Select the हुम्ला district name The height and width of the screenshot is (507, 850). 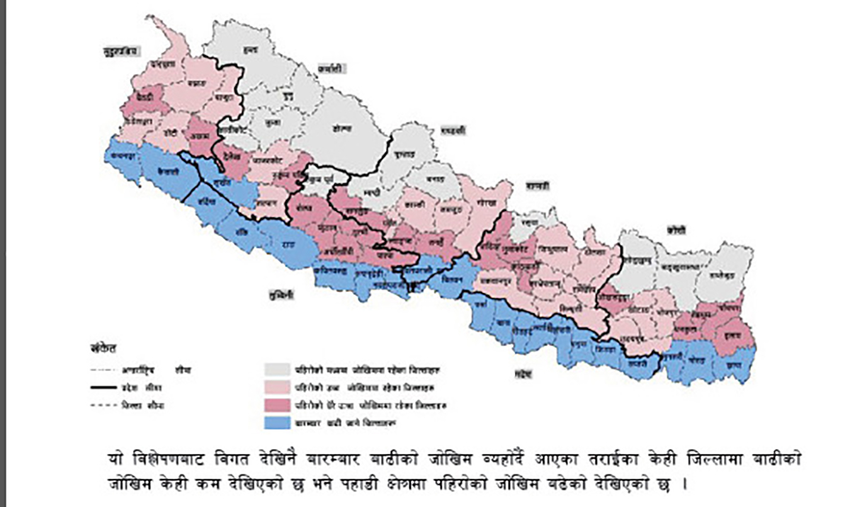point(249,49)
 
